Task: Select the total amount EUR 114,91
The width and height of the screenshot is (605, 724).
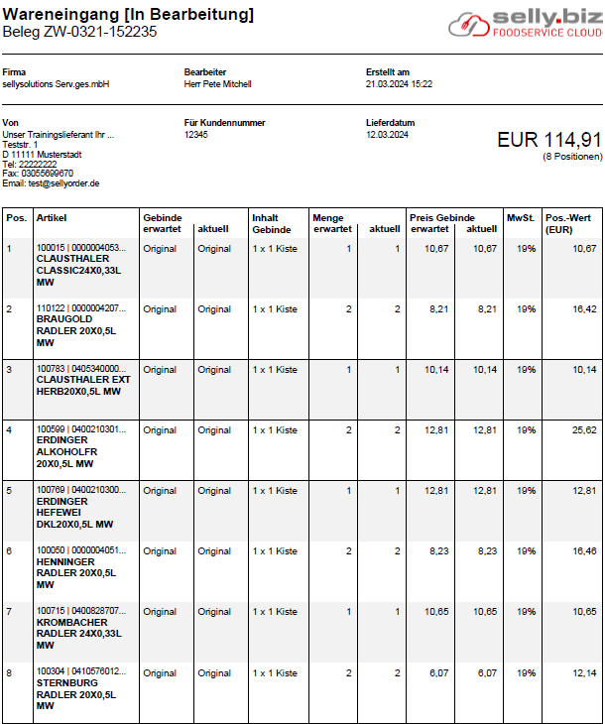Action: coord(548,140)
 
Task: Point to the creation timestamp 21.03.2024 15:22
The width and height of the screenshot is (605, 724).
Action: coord(399,84)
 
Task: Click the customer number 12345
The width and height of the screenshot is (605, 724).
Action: coord(196,135)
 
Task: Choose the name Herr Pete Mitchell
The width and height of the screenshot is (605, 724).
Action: coord(218,84)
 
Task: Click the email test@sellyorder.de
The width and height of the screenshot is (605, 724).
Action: coord(51,183)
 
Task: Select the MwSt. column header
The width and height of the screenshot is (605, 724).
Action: coord(520,218)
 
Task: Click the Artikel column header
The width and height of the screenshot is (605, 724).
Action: coord(52,218)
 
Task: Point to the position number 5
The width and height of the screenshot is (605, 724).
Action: coord(9,491)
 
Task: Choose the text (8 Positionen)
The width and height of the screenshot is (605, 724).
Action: coord(572,157)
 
